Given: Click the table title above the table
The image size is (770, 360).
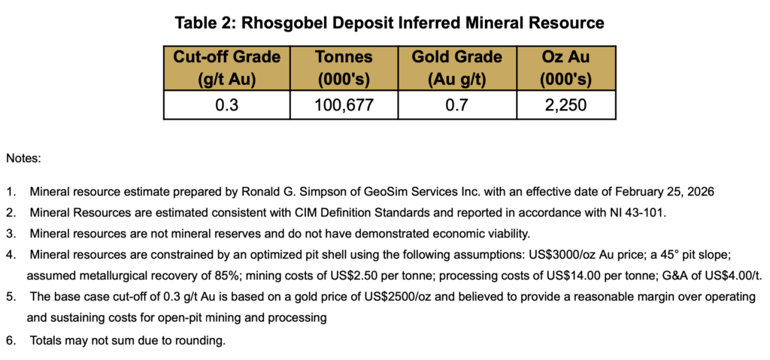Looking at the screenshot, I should click(390, 23).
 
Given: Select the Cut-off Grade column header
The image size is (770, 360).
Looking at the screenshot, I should click(226, 68).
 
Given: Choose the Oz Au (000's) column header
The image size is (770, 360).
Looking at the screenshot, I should click(566, 68).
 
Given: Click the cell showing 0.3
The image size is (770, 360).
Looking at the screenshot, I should click(226, 106).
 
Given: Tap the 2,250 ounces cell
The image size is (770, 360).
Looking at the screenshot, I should click(566, 106).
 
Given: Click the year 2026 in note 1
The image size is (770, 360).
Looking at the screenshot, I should click(699, 192).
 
